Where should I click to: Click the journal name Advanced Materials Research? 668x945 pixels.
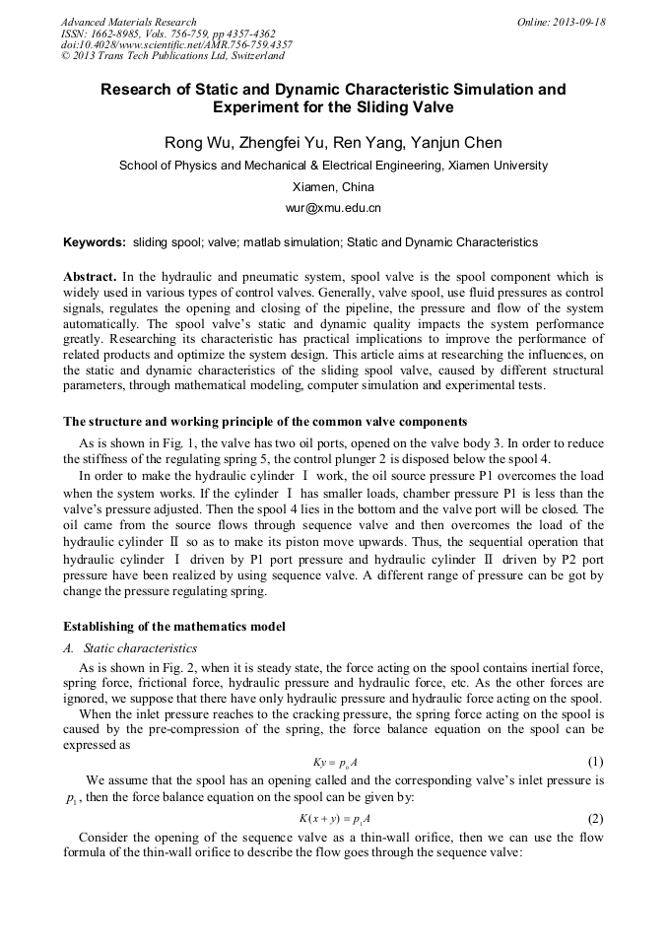[x=128, y=22]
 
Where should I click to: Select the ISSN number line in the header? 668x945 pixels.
[x=167, y=34]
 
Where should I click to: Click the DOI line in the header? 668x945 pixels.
[x=176, y=45]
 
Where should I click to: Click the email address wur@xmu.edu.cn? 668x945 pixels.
[x=333, y=208]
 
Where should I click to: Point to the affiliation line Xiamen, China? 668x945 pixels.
[x=333, y=187]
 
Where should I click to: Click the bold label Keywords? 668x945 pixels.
[x=95, y=242]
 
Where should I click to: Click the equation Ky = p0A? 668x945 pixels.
[x=333, y=763]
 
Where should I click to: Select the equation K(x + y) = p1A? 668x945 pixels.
[x=333, y=819]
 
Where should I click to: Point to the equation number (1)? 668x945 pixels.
[x=595, y=763]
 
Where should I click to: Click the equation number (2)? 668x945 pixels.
[x=595, y=819]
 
